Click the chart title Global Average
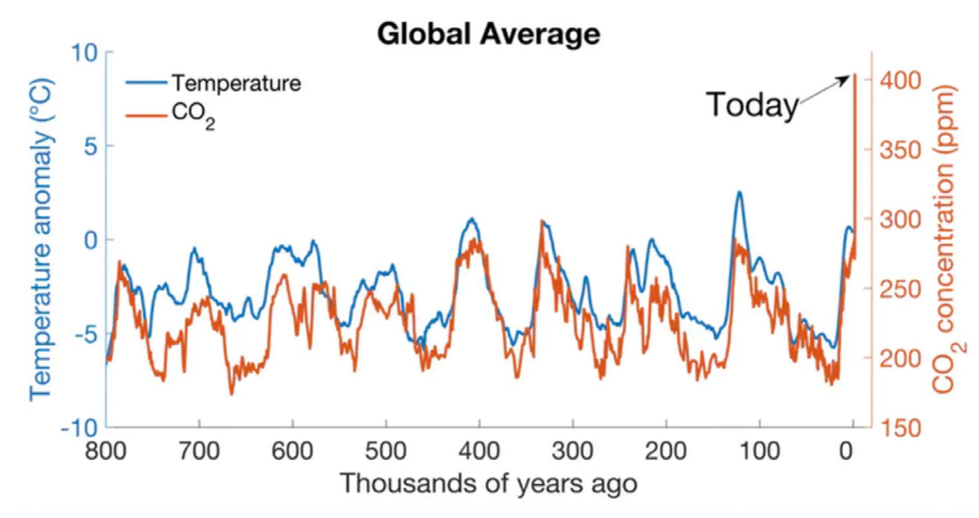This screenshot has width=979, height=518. (x=488, y=34)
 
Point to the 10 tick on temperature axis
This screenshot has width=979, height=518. (x=84, y=53)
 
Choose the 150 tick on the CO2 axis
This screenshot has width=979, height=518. (x=900, y=428)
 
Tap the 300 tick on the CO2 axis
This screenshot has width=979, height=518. (x=900, y=219)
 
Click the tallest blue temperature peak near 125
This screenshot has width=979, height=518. (x=739, y=193)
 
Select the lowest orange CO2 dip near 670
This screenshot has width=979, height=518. (x=232, y=394)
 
